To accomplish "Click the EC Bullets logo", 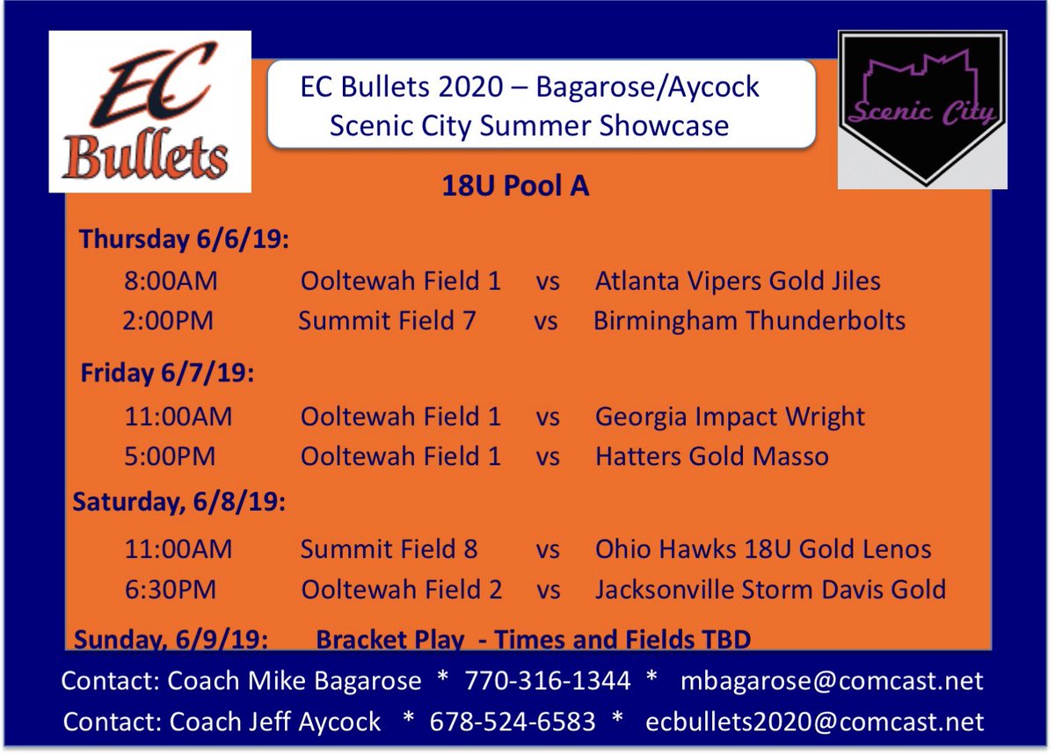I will coord(150,112).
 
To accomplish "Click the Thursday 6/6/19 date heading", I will coord(184,239).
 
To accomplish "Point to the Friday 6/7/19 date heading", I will coord(167,373).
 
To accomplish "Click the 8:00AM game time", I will coord(171,281).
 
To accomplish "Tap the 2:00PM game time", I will coord(168,321).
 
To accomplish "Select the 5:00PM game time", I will coord(171,456).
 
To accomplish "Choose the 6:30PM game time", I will coord(171,590).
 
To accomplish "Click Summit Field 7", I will coord(387,321).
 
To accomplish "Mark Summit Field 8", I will coord(389,549).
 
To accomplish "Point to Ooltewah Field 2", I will coord(401,590).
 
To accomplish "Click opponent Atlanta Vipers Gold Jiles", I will coord(738,281).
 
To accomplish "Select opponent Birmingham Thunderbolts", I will coord(749,321).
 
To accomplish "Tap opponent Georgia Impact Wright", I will coord(730,416).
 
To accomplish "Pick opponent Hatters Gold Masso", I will coord(711,456).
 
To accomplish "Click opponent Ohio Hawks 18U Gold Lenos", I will coord(762,549).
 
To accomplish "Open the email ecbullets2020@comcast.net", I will coord(814,722).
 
